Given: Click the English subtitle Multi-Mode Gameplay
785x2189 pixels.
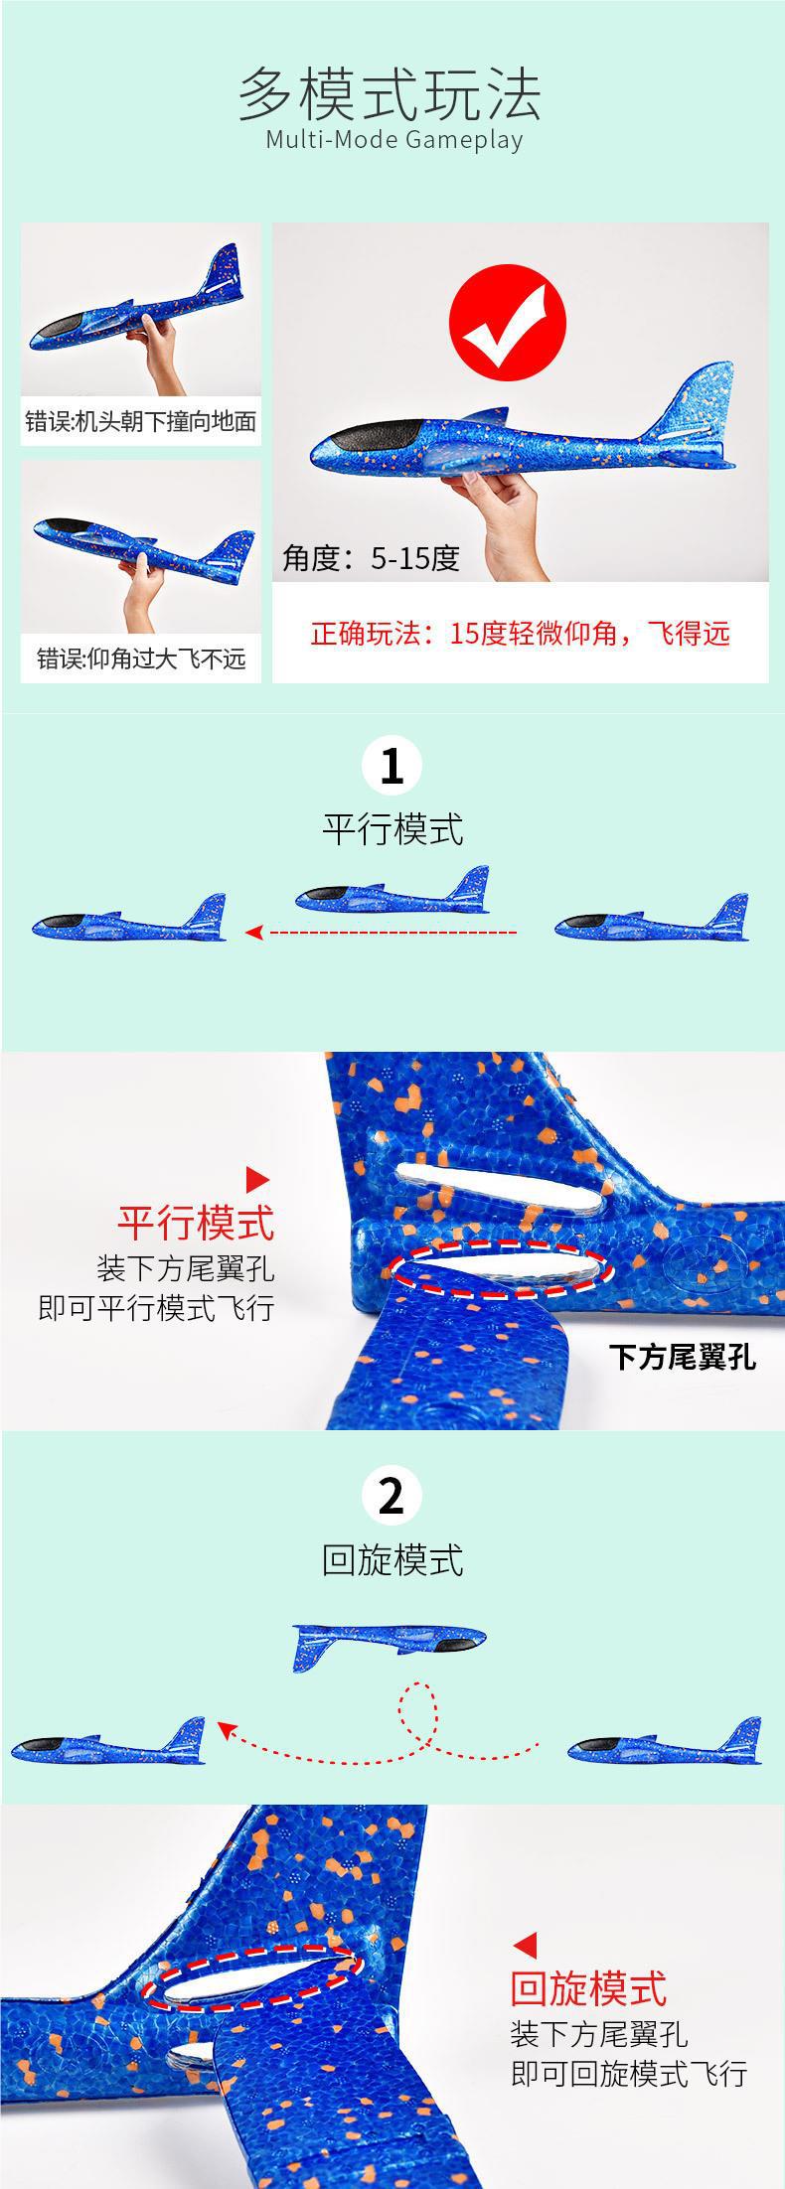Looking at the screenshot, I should [393, 139].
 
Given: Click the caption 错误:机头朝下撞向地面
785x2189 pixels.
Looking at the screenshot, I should [141, 421].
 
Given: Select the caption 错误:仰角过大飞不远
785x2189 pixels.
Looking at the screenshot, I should [141, 658].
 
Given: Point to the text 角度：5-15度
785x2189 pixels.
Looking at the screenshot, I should [372, 558].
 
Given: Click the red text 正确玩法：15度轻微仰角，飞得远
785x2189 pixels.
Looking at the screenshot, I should [520, 634].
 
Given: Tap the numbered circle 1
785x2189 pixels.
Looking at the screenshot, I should [392, 768].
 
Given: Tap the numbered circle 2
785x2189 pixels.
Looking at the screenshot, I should [392, 1497].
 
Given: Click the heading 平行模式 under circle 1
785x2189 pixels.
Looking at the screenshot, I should [392, 829].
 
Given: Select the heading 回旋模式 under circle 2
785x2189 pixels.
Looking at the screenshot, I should [392, 1560].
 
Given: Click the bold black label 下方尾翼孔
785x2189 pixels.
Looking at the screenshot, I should [682, 1357].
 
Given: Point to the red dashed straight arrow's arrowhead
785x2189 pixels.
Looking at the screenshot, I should [254, 932].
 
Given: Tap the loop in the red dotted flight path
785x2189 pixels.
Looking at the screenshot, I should [417, 1708].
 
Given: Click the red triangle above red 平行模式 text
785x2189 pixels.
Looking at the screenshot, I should [257, 1179].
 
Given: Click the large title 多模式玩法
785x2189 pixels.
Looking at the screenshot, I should [390, 93].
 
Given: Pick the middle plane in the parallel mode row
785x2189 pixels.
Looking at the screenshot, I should [393, 894].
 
